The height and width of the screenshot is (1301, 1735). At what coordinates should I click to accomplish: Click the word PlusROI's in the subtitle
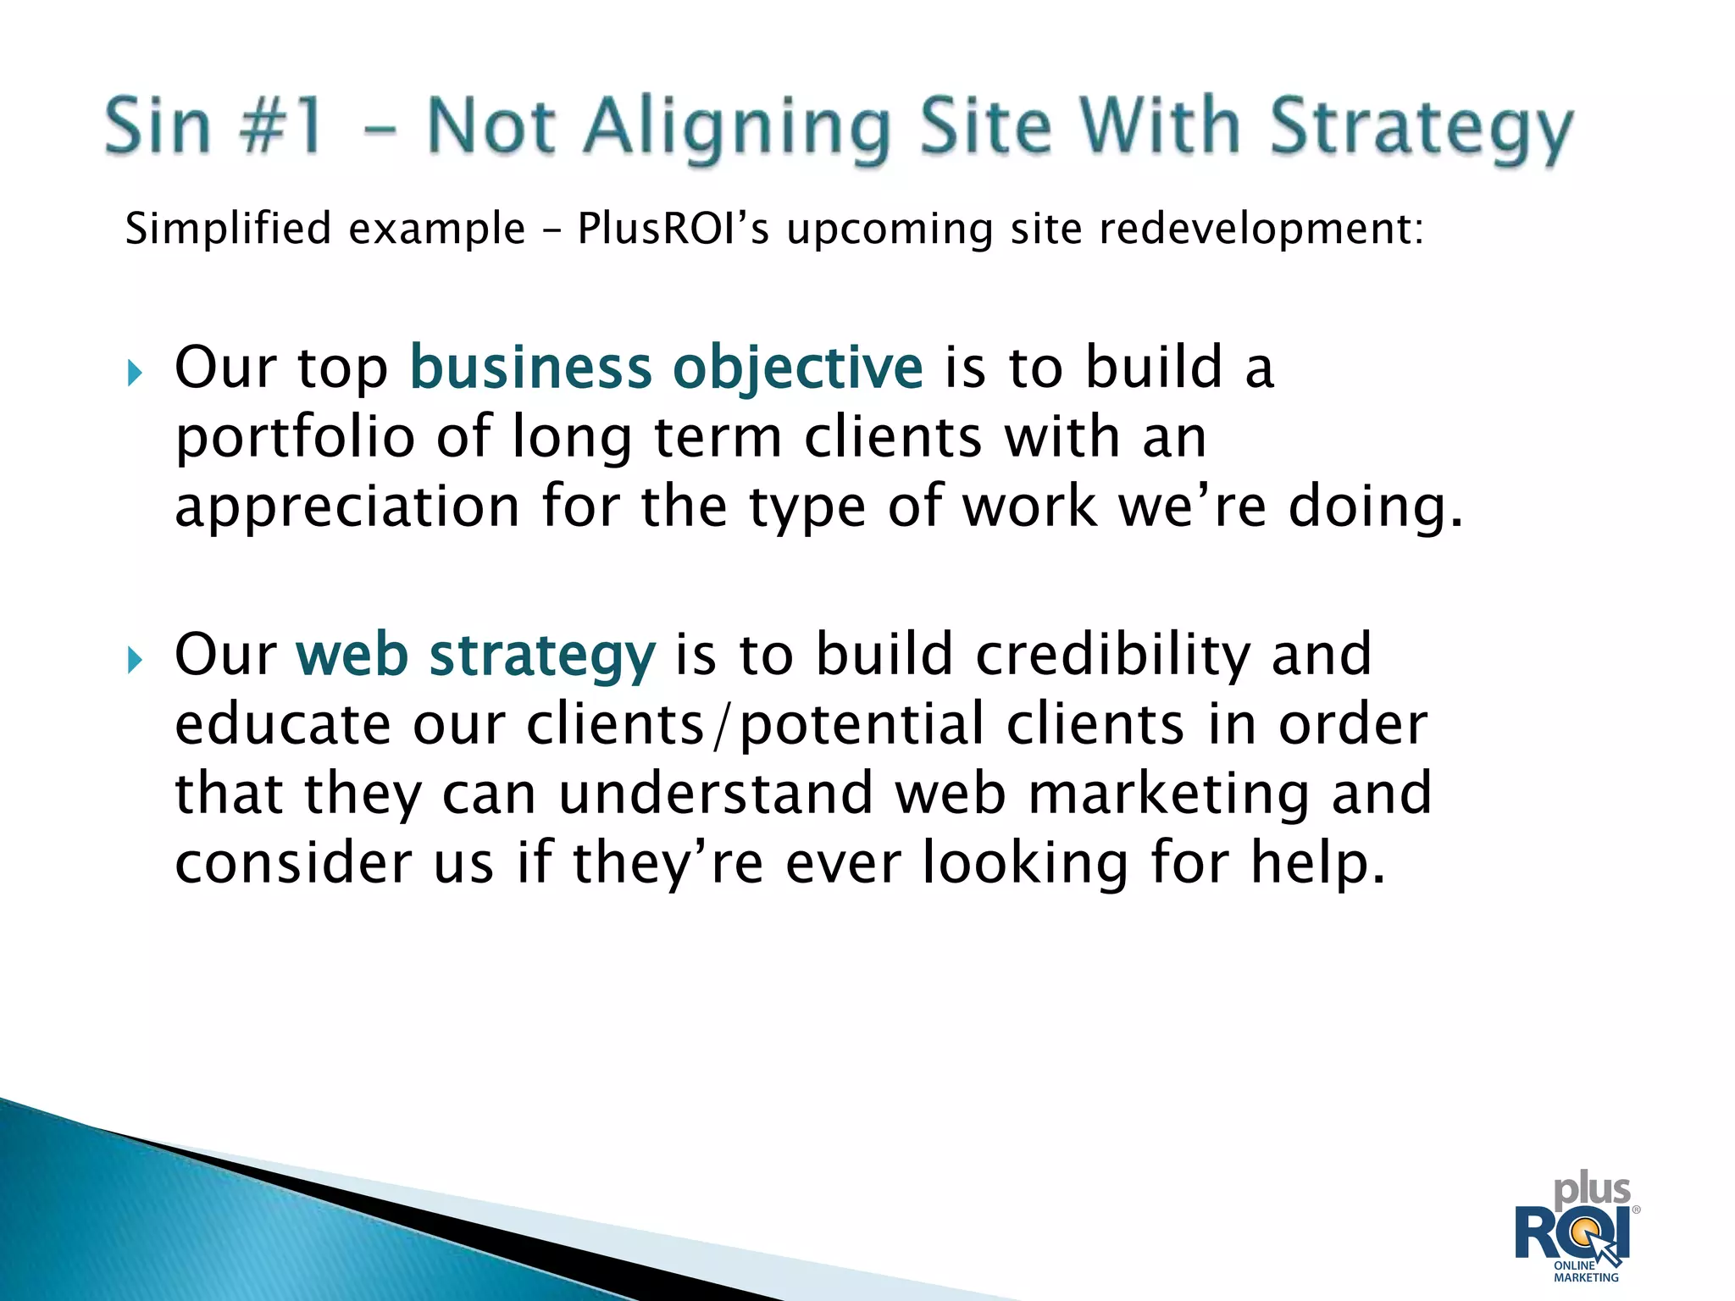coord(673,229)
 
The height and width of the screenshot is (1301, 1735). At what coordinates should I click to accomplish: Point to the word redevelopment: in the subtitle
coord(1261,229)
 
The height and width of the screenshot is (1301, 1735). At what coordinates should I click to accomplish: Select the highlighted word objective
coord(797,369)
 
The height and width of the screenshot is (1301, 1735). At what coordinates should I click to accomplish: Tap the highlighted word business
coord(530,368)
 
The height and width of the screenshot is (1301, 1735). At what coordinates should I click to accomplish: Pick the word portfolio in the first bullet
coord(294,439)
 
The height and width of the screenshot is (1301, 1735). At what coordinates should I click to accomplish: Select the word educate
coord(283,725)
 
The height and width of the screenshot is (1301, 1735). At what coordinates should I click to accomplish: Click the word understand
coord(716,794)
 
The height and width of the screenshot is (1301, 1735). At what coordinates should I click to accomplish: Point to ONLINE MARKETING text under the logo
coord(1585,1271)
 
